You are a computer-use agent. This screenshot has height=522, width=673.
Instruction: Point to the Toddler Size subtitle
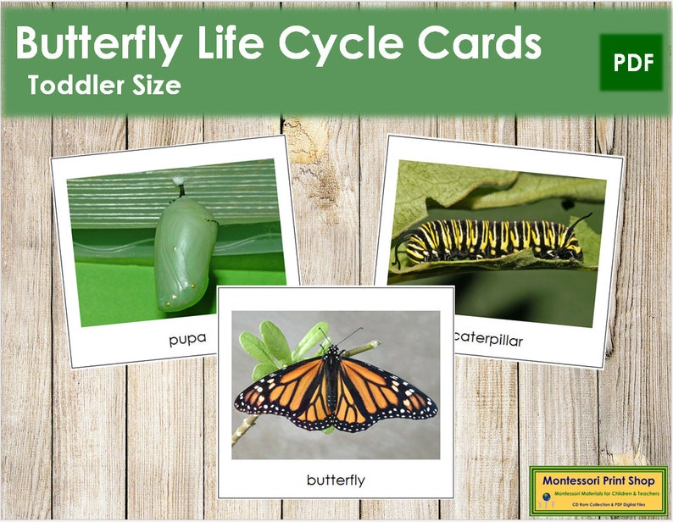pyautogui.click(x=103, y=85)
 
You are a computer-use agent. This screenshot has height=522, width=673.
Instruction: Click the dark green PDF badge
pyautogui.click(x=631, y=62)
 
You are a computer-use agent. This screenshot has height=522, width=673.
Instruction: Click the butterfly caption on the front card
pyautogui.click(x=336, y=480)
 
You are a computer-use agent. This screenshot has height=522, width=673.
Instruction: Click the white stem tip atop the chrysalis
pyautogui.click(x=179, y=181)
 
